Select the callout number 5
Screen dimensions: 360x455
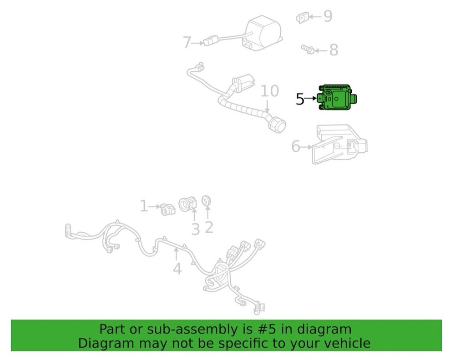point(300,98)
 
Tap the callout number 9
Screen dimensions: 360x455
point(328,16)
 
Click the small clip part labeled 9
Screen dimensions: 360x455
point(303,17)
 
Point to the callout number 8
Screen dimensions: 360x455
point(334,50)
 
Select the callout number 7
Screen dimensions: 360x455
point(187,43)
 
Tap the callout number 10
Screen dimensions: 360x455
point(269,91)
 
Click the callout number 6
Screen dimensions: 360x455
point(296,146)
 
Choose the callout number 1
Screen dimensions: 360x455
point(144,206)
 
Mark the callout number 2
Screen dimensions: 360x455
point(208,226)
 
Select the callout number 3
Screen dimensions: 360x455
point(195,229)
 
